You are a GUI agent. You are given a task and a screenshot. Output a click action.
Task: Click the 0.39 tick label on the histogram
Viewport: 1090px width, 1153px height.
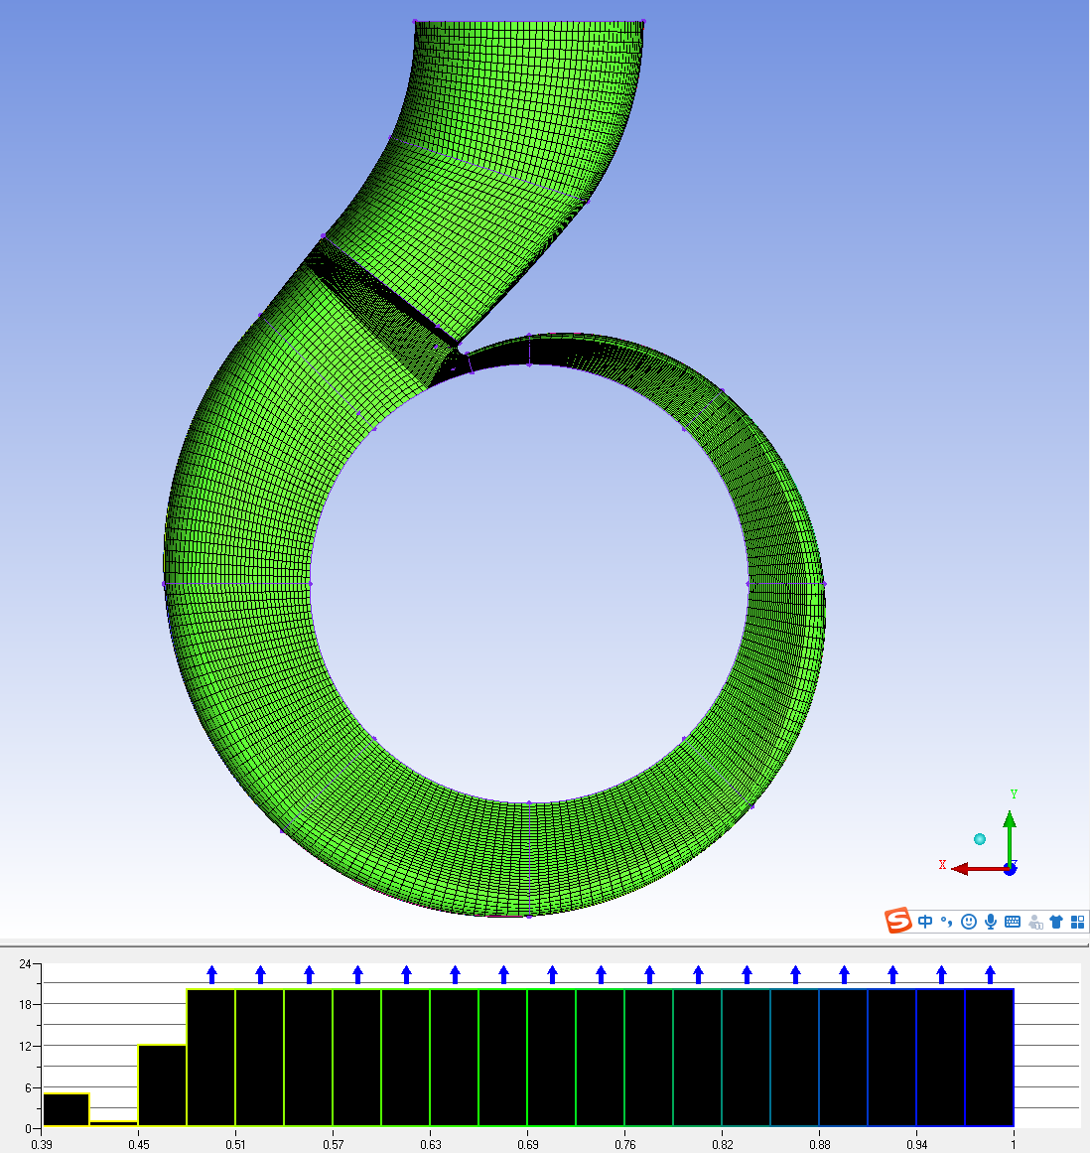point(41,1144)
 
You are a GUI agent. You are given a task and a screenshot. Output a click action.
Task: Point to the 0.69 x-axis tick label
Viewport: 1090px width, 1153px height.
point(528,1144)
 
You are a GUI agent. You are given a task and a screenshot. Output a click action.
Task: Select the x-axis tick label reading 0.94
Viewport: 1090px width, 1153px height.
point(916,1144)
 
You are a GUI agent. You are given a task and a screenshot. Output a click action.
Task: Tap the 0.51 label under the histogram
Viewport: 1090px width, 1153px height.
point(236,1144)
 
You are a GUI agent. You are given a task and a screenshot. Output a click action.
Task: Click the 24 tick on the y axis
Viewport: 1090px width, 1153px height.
point(26,963)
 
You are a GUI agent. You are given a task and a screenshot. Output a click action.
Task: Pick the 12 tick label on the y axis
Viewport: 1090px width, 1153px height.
point(26,1047)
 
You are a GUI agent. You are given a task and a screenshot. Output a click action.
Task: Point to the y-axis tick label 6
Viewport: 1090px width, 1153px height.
point(29,1087)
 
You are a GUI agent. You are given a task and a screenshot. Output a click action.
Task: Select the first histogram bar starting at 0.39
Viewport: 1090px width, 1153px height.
point(67,1109)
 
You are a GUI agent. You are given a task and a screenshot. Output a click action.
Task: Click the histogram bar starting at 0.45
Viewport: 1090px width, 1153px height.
point(163,1085)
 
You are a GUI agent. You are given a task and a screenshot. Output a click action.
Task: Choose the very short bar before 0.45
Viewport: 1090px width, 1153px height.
point(114,1123)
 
